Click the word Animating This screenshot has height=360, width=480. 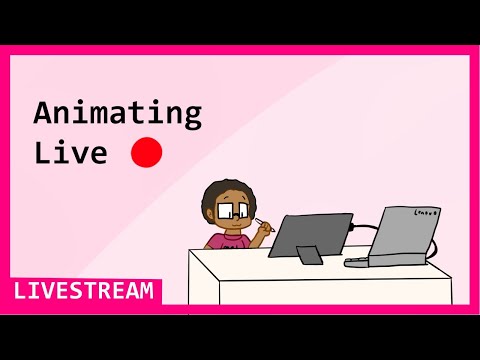point(117,113)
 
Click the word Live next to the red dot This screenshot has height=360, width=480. point(70,153)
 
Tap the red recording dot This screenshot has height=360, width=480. point(146,152)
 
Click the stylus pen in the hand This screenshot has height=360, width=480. point(265,222)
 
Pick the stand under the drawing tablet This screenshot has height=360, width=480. point(310,256)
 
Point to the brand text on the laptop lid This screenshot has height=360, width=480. point(427,212)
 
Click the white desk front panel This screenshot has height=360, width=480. point(300,290)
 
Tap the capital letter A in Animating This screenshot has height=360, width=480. point(42,112)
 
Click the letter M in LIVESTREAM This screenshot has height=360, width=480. point(147,291)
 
